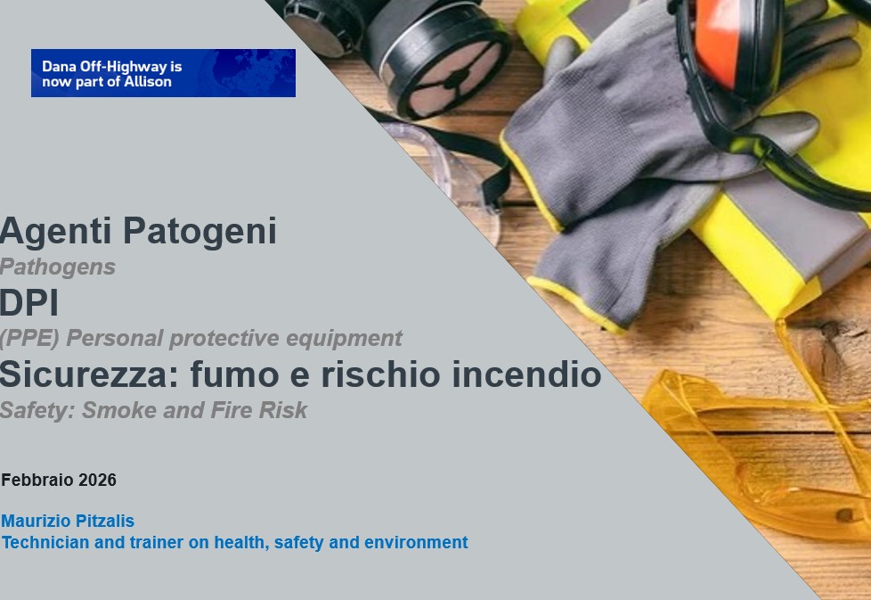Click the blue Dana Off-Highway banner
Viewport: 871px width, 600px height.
click(163, 73)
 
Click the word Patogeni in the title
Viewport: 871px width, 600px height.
click(199, 231)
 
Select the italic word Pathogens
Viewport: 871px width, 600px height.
click(58, 267)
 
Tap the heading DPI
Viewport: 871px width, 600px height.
click(28, 303)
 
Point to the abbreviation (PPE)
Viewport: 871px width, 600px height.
click(30, 338)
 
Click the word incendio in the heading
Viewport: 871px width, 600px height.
click(526, 374)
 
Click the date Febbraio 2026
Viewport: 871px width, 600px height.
click(59, 480)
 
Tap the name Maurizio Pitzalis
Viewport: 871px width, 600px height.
click(68, 521)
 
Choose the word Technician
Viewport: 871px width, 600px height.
click(45, 542)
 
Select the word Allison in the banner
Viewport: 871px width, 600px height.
click(148, 82)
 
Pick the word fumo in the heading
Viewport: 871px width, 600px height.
click(235, 374)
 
